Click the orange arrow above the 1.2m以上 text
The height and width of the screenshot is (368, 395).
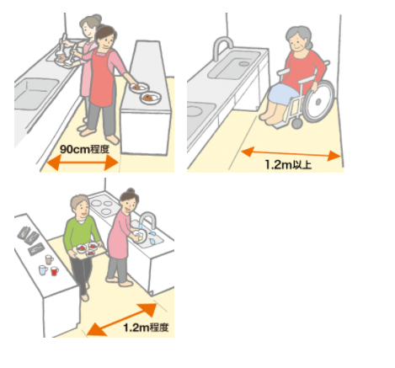point(291,152)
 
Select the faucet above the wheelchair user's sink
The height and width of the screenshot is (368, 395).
point(222,48)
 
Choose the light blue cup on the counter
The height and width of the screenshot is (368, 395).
point(40,269)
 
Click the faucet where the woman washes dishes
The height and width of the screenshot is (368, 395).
point(148,221)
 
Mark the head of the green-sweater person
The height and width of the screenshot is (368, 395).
point(77,206)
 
